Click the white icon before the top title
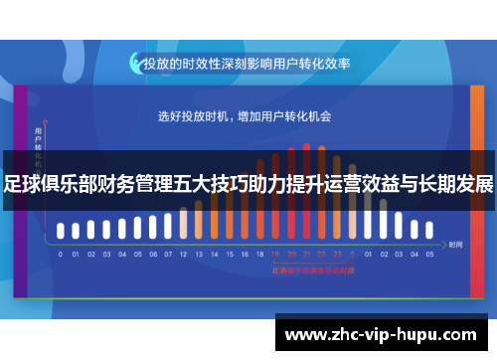(135, 63)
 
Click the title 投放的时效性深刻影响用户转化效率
(247, 63)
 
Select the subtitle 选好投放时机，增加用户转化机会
(245, 116)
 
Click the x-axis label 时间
(455, 244)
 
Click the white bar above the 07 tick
(168, 228)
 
